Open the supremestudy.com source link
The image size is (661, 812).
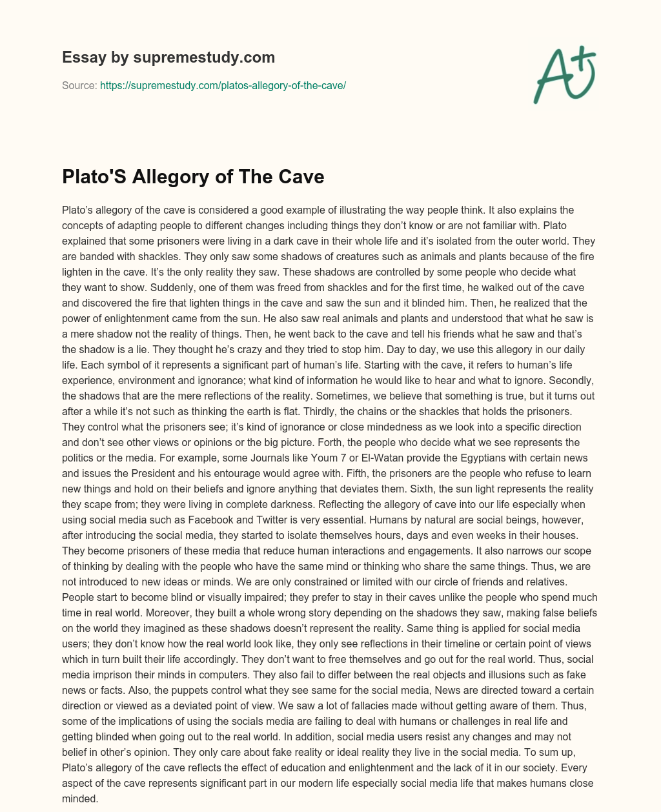tap(223, 85)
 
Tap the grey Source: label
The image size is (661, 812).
tap(79, 85)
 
